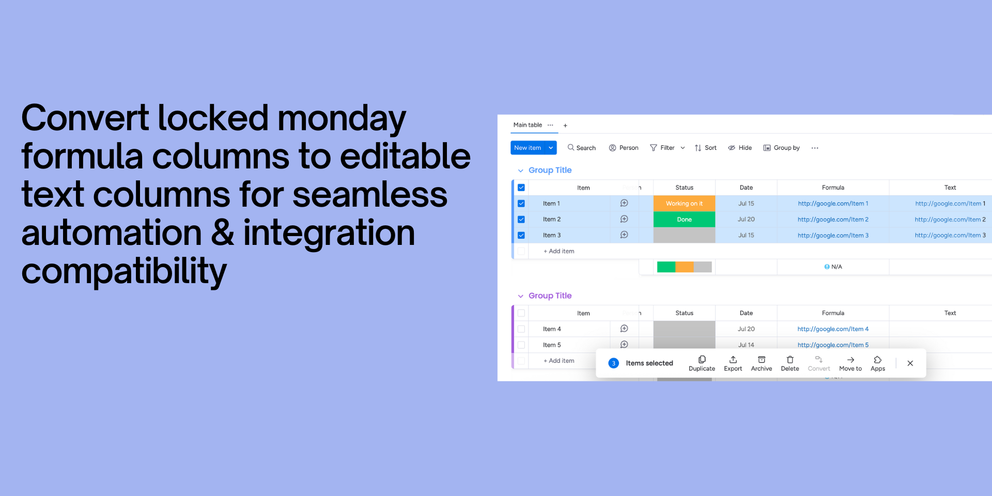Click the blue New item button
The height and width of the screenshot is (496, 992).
(528, 148)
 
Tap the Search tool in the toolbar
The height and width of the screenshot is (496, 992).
(581, 148)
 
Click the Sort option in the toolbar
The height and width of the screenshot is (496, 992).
(705, 148)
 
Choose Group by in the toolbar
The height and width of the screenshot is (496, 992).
(781, 148)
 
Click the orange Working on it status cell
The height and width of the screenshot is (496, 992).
(684, 204)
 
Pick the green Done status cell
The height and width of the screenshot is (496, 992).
(684, 220)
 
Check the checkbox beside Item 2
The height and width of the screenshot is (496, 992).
(521, 220)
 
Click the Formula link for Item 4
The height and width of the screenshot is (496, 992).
(833, 329)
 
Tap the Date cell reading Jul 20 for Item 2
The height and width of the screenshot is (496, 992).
(746, 220)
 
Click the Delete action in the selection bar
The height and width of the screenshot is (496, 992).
(789, 363)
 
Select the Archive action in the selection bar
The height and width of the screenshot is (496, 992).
(761, 363)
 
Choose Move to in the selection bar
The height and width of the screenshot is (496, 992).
(850, 363)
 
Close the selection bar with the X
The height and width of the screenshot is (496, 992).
(910, 363)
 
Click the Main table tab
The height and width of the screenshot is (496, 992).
(528, 125)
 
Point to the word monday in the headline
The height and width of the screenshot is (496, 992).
(342, 118)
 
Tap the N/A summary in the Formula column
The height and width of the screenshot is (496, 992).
(833, 267)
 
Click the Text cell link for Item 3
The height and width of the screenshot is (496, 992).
(950, 236)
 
